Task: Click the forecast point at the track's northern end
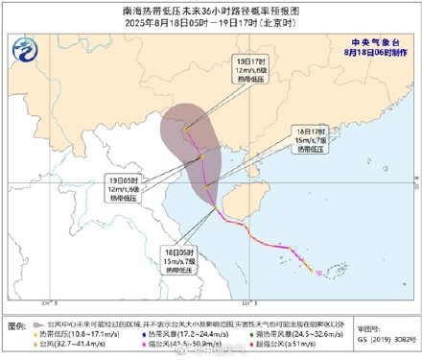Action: click(187, 128)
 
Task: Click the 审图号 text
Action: click(395, 327)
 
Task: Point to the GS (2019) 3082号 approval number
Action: click(395, 339)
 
